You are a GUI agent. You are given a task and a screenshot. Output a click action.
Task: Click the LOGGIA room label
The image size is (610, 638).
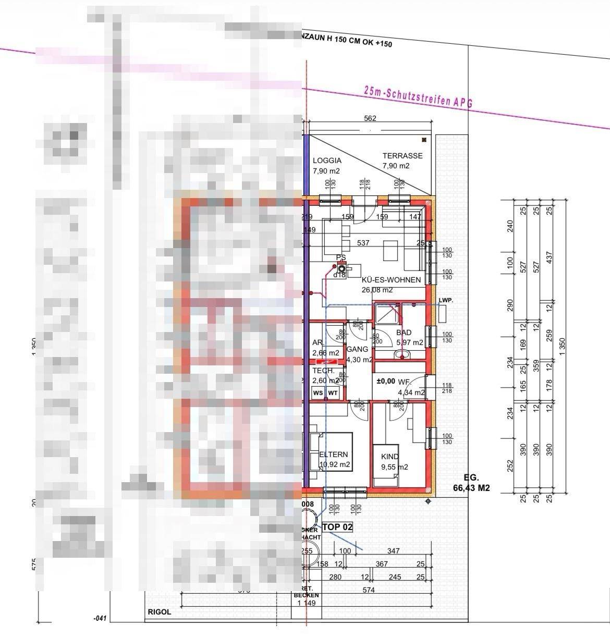327,161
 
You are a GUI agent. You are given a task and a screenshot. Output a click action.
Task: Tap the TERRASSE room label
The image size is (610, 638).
402,156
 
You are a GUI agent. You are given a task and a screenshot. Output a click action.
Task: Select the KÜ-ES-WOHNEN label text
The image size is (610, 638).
391,280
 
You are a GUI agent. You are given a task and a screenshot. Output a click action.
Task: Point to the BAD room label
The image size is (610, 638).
404,333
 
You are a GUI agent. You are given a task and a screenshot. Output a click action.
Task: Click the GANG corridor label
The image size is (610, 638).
357,349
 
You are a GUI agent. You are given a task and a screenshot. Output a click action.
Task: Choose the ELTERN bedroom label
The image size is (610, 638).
334,455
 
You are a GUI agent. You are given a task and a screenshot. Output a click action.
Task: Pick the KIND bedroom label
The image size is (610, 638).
390,456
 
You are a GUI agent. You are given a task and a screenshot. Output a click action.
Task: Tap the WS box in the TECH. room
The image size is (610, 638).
318,393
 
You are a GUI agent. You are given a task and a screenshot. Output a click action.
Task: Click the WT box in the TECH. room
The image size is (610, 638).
333,393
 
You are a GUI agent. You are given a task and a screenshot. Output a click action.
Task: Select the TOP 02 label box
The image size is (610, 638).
337,527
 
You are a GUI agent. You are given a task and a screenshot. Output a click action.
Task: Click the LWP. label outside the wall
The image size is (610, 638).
446,301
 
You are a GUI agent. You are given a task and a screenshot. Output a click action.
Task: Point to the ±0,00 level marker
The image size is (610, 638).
386,381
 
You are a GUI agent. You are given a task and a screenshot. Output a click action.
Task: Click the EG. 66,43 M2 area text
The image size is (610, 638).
471,483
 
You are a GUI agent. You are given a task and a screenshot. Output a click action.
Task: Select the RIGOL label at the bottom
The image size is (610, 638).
159,612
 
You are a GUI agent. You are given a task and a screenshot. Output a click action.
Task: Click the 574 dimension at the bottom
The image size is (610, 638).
369,590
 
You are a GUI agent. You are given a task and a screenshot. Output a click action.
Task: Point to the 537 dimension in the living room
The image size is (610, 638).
363,243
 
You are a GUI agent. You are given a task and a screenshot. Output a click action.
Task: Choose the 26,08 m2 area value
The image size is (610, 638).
377,290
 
